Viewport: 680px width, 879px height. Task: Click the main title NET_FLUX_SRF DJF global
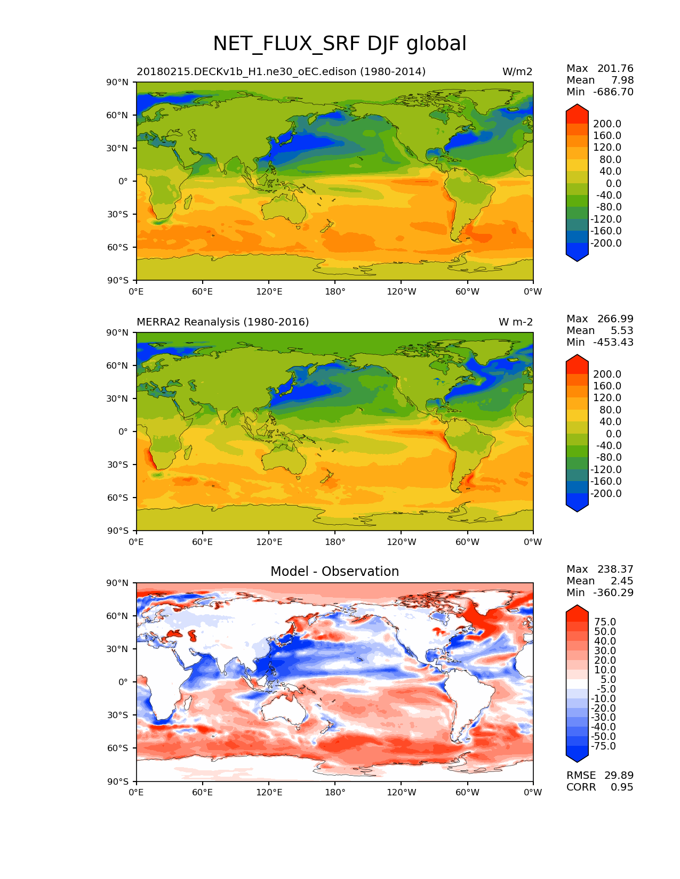[x=340, y=44]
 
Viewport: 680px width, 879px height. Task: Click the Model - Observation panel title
[x=334, y=572]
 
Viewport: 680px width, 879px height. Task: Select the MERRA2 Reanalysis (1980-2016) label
[x=223, y=322]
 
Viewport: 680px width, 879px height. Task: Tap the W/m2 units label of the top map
[x=517, y=72]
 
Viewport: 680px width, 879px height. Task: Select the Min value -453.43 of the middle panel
[x=613, y=343]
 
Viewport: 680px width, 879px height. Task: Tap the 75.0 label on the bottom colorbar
[x=604, y=622]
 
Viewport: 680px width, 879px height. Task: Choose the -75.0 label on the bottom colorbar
[x=603, y=746]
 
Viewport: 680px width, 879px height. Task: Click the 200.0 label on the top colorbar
[x=607, y=124]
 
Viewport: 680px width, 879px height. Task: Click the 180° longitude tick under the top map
[x=335, y=291]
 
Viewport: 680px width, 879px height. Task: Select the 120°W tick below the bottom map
[x=402, y=793]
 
